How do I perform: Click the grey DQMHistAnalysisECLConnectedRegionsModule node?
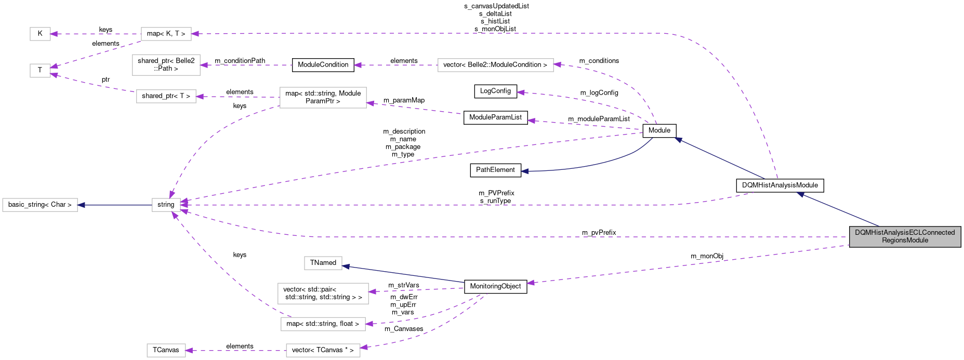coord(905,236)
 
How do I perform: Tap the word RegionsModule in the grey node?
coord(905,241)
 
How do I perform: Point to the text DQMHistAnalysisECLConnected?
coord(905,233)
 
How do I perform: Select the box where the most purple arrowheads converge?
coord(166,205)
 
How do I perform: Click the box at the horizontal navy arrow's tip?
coord(40,205)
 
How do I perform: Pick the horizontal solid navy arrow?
coord(114,205)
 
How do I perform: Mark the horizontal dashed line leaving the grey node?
coord(572,237)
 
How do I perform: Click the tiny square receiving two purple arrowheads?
coord(40,71)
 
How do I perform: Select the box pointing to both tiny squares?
coord(166,34)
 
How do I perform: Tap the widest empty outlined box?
coord(495,65)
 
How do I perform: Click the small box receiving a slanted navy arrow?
coord(323,263)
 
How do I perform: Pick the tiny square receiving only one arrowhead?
coord(40,34)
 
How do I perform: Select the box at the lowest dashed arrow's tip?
coord(166,351)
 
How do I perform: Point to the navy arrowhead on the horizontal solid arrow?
coord(82,205)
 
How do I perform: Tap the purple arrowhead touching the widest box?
coord(557,65)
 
